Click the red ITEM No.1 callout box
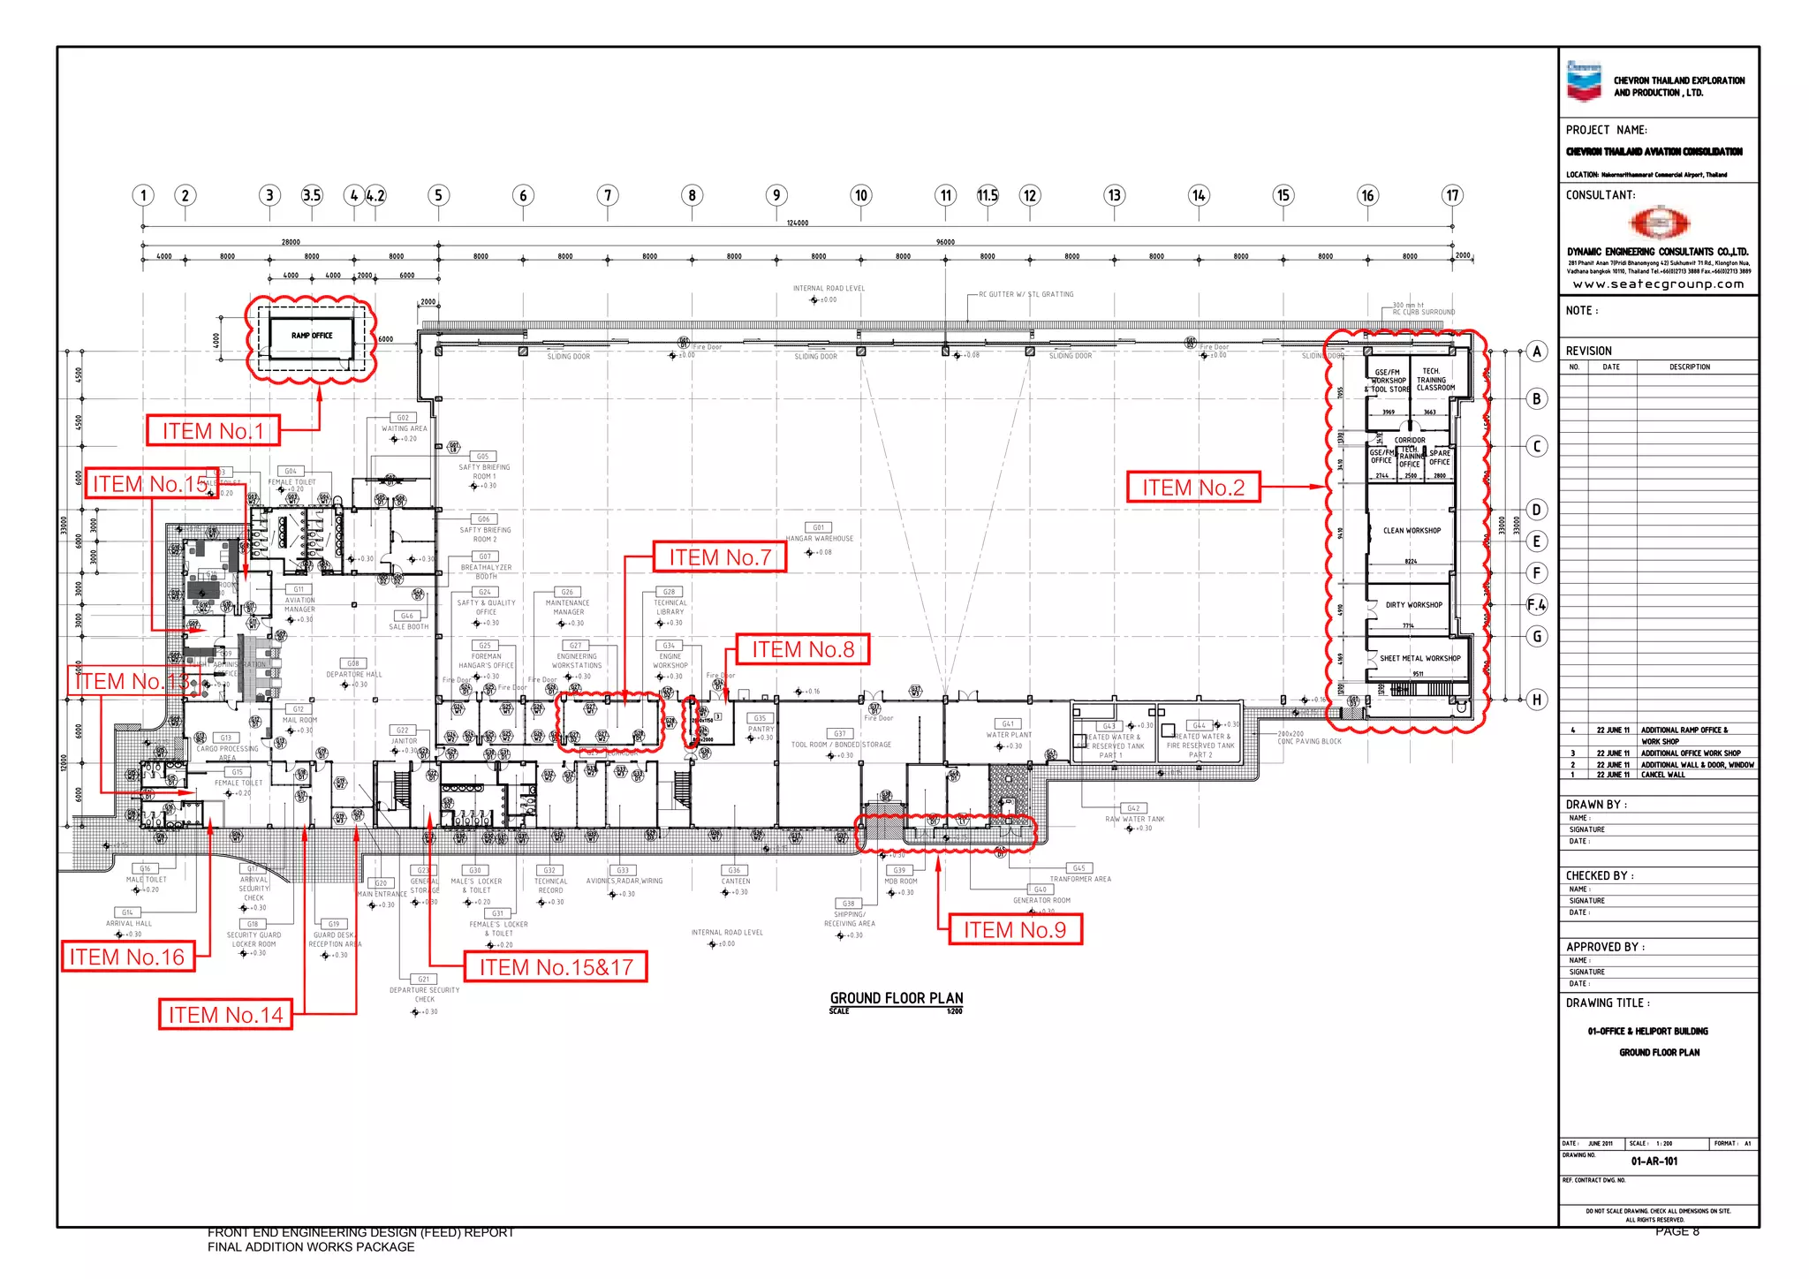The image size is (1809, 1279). pyautogui.click(x=213, y=431)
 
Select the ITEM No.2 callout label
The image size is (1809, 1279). pyautogui.click(x=1192, y=488)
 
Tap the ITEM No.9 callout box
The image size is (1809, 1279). pyautogui.click(x=1014, y=930)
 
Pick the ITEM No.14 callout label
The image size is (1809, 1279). pyautogui.click(x=225, y=1015)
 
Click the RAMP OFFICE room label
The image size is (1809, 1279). pyautogui.click(x=312, y=336)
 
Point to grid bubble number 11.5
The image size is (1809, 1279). pyautogui.click(x=988, y=195)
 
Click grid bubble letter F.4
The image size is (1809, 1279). pyautogui.click(x=1537, y=605)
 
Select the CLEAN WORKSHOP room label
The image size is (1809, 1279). pyautogui.click(x=1412, y=531)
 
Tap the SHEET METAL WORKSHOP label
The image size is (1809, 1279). pyautogui.click(x=1419, y=658)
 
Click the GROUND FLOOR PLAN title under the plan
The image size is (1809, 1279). pyautogui.click(x=896, y=998)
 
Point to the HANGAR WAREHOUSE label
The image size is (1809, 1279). pyautogui.click(x=820, y=538)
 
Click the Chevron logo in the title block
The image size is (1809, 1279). pyautogui.click(x=1584, y=80)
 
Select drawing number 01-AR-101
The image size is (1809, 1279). pyautogui.click(x=1654, y=1162)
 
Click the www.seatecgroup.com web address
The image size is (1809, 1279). pyautogui.click(x=1658, y=284)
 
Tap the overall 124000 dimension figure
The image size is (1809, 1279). pyautogui.click(x=797, y=223)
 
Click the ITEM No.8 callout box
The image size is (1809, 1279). pyautogui.click(x=802, y=650)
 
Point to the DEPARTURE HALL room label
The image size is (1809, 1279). pyautogui.click(x=354, y=674)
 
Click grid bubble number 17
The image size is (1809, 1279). pyautogui.click(x=1452, y=195)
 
